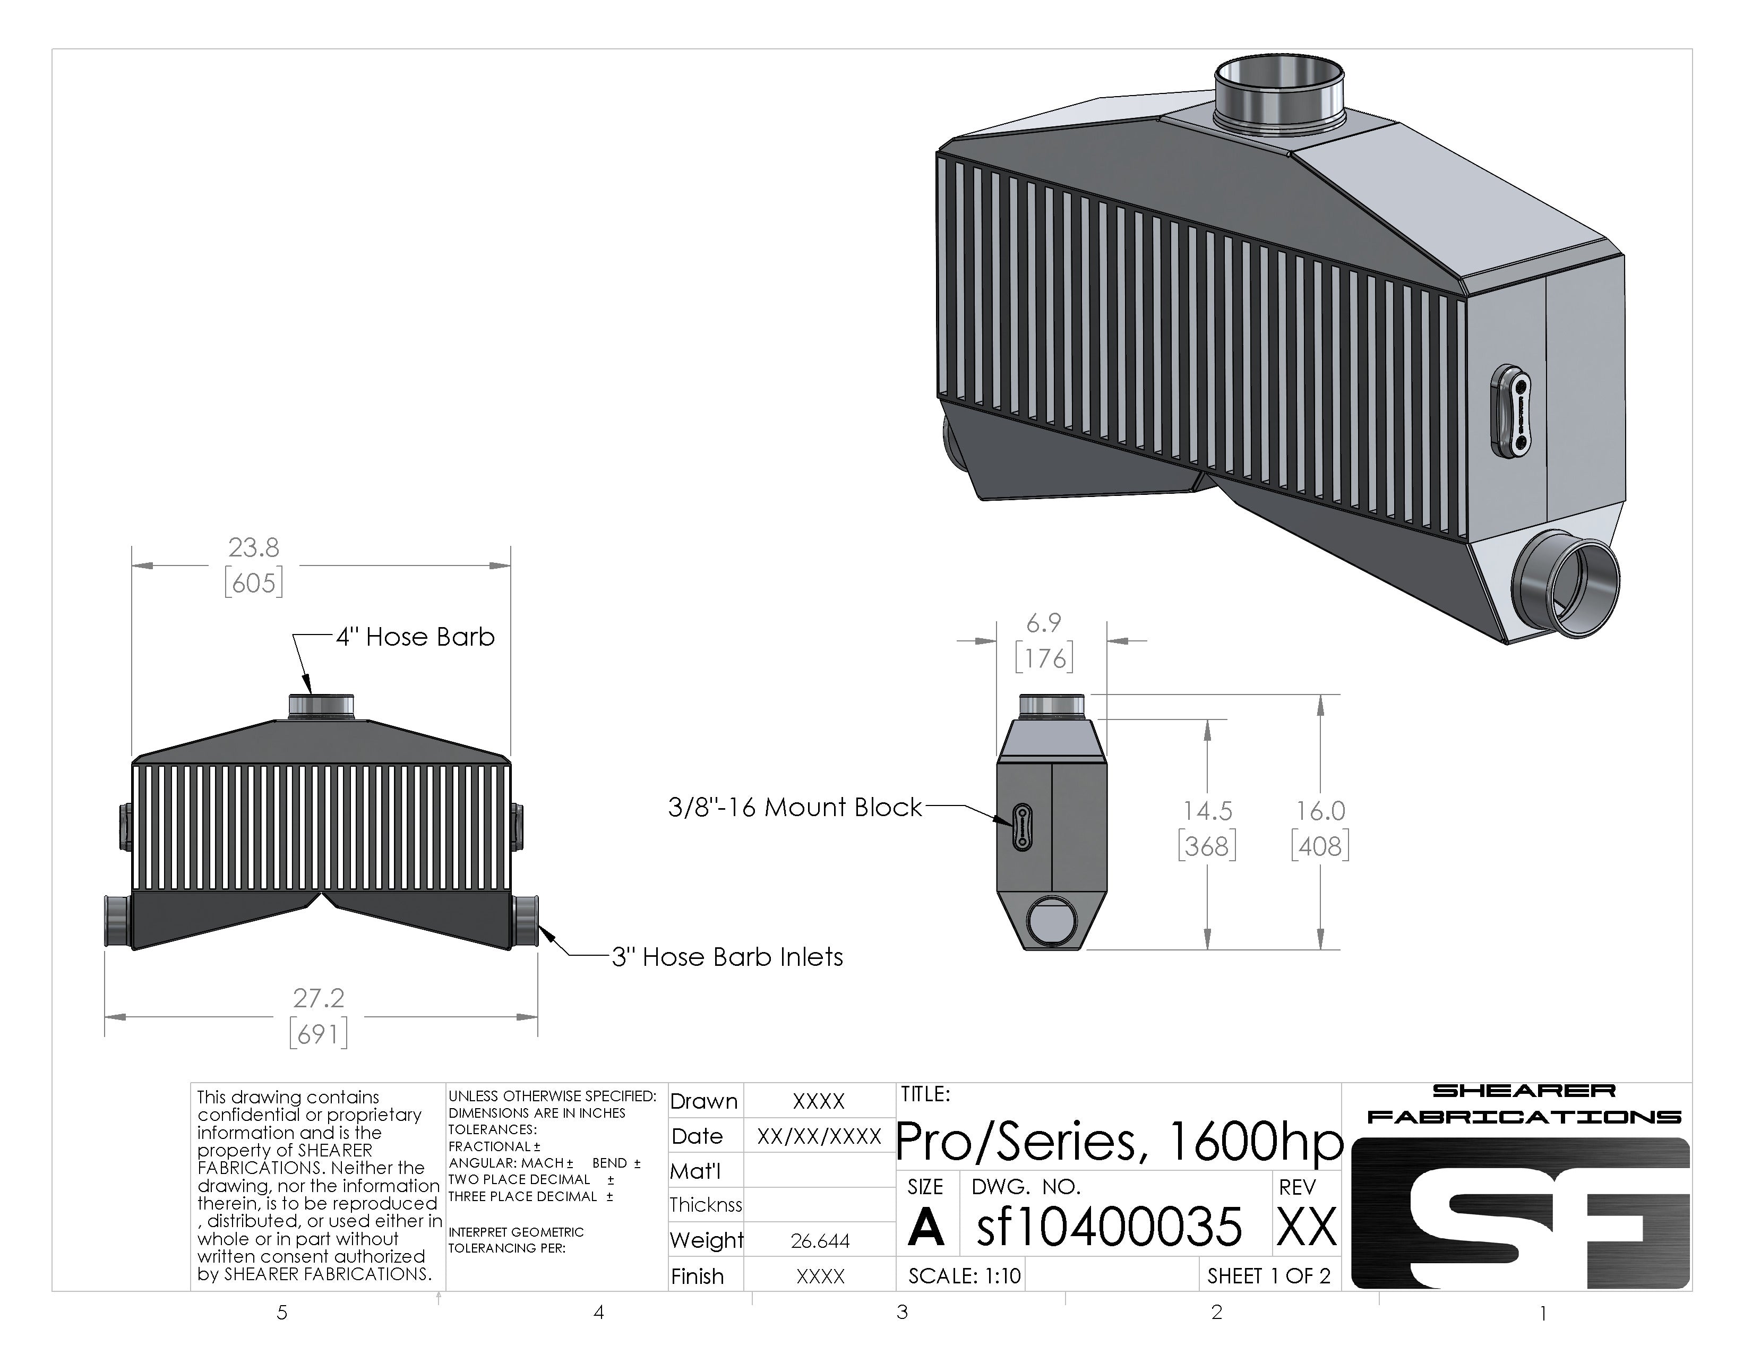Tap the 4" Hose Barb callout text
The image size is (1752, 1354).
[x=415, y=637]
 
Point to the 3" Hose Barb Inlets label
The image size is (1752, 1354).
[x=727, y=957]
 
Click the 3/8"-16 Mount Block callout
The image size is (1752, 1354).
[x=794, y=807]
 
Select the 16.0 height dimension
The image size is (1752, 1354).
[x=1320, y=811]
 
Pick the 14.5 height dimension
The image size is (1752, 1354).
[x=1207, y=811]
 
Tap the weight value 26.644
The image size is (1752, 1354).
[x=819, y=1241]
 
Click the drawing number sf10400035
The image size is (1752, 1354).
[x=1109, y=1227]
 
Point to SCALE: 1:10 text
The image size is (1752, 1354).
[x=964, y=1275]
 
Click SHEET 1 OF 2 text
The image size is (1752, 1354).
[x=1268, y=1275]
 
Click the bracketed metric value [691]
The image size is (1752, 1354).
[x=319, y=1034]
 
